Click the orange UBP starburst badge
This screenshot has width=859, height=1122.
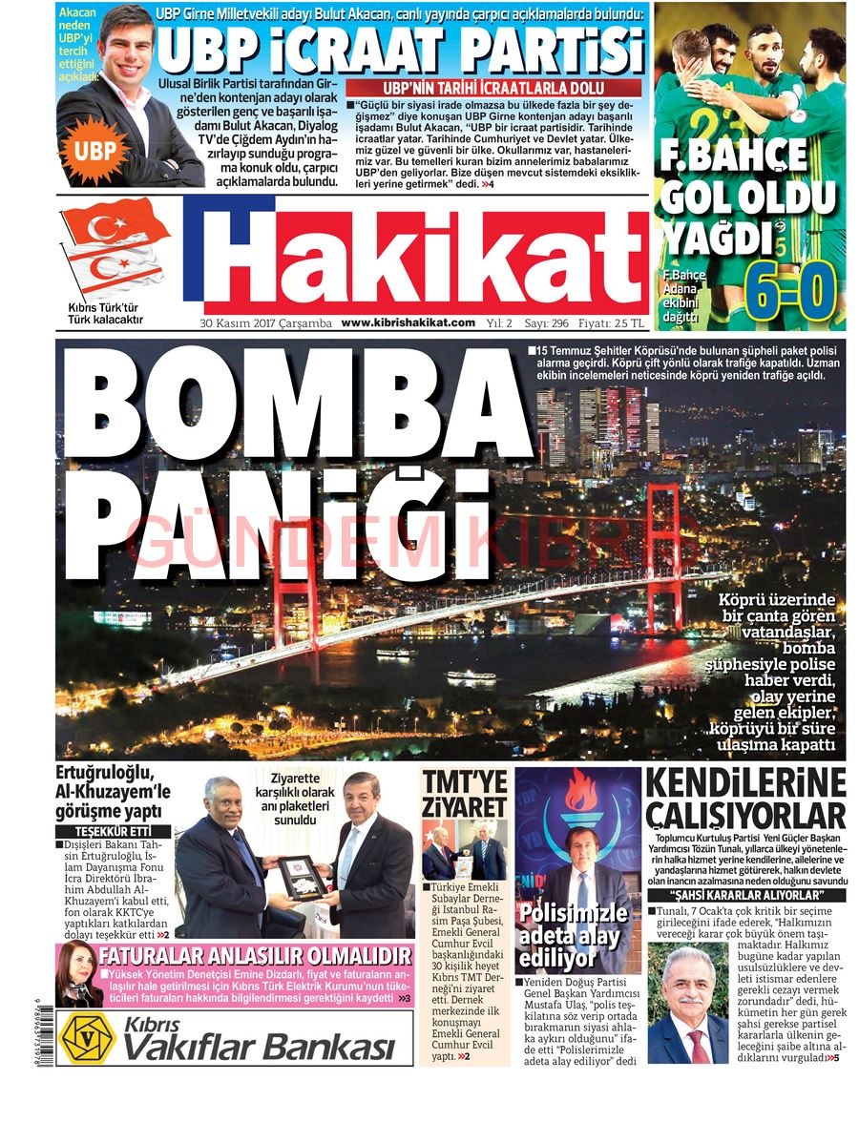tap(94, 151)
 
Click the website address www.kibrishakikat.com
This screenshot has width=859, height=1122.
tap(408, 322)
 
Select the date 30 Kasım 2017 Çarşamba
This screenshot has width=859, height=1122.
tap(265, 322)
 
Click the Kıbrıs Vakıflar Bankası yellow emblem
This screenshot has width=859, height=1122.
tap(86, 1038)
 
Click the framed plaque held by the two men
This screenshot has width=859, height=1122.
tap(303, 874)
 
